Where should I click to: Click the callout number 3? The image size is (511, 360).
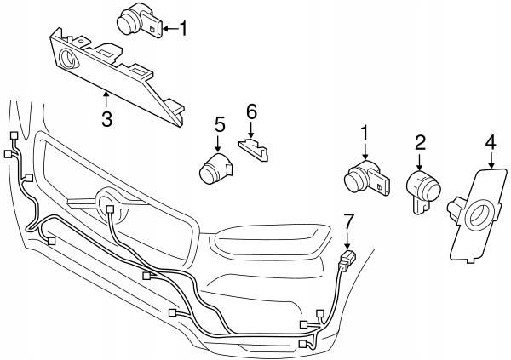click(x=106, y=120)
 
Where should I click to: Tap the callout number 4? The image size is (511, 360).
click(x=490, y=140)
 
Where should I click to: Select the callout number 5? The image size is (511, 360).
click(x=219, y=124)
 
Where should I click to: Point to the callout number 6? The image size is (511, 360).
click(x=251, y=111)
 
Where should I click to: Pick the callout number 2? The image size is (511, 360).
click(x=420, y=140)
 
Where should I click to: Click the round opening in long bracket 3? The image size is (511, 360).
click(x=67, y=60)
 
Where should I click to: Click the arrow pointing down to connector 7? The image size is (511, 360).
click(x=347, y=240)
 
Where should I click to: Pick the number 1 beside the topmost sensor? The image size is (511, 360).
click(x=181, y=30)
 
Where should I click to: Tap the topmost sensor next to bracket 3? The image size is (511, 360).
click(x=135, y=18)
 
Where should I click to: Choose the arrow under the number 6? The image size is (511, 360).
click(x=251, y=130)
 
